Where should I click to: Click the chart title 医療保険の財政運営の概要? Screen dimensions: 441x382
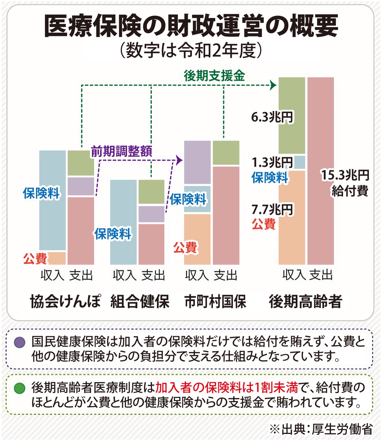[x=191, y=26]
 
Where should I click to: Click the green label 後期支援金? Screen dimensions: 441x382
[x=214, y=76]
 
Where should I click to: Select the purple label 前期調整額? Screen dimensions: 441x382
[x=122, y=151]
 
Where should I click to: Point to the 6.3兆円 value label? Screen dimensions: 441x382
[x=272, y=117]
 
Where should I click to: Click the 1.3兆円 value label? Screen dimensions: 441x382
[x=272, y=162]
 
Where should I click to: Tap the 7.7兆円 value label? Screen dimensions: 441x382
[x=272, y=210]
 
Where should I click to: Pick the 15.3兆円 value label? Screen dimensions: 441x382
[x=345, y=175]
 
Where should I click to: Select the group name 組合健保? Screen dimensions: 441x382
[x=140, y=301]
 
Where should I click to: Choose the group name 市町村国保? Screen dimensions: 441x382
[x=215, y=301]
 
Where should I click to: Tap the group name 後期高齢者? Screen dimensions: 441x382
[x=305, y=301]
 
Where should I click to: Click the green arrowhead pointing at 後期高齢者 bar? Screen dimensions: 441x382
[x=273, y=85]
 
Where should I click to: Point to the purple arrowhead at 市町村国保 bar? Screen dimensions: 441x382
[x=180, y=160]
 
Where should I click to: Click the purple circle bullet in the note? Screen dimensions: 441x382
[x=20, y=342]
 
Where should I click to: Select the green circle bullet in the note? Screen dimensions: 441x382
[x=20, y=388]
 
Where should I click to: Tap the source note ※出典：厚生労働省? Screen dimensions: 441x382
[x=321, y=429]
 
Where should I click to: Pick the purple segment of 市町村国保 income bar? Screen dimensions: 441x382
[x=197, y=162]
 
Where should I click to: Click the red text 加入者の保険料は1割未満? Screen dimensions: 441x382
[x=226, y=388]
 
